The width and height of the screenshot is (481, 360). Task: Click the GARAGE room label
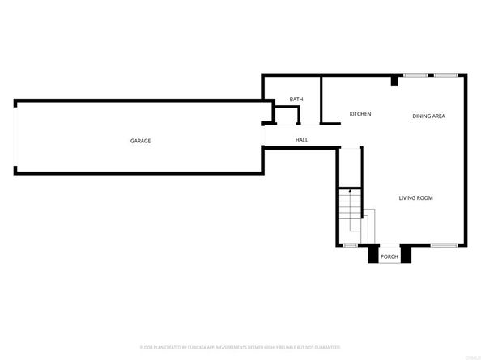(x=140, y=141)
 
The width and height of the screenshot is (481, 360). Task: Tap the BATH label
(x=296, y=100)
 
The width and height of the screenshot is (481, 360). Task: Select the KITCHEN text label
(x=360, y=114)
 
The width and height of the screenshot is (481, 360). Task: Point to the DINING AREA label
(x=428, y=116)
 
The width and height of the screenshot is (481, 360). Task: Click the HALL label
(x=301, y=141)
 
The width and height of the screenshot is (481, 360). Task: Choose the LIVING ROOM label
(x=416, y=198)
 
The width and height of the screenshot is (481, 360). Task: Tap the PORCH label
(x=389, y=258)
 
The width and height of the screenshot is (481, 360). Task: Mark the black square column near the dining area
(x=394, y=80)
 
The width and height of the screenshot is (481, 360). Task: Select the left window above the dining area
(x=415, y=75)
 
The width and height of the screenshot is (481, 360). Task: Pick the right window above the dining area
(x=445, y=75)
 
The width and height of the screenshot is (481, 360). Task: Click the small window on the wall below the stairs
(x=351, y=245)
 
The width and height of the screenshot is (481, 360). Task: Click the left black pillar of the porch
(x=372, y=255)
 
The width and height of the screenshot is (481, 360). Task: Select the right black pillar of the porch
(x=407, y=255)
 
